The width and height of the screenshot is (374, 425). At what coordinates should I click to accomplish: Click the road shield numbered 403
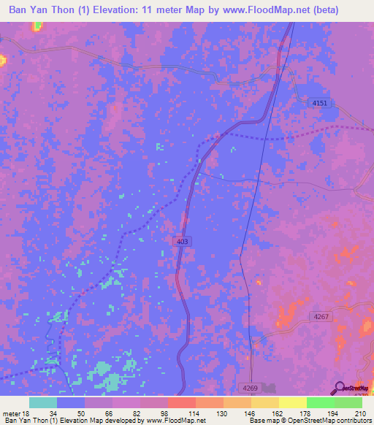click(x=182, y=241)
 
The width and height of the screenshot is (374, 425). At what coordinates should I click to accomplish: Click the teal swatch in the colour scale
click(x=43, y=402)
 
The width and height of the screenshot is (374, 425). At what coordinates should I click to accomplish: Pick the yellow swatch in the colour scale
click(x=292, y=402)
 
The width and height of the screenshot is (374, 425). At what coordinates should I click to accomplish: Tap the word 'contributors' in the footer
click(x=353, y=421)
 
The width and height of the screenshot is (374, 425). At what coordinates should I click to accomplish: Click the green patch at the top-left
click(x=37, y=26)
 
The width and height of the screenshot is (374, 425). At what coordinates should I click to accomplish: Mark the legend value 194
click(x=334, y=413)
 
